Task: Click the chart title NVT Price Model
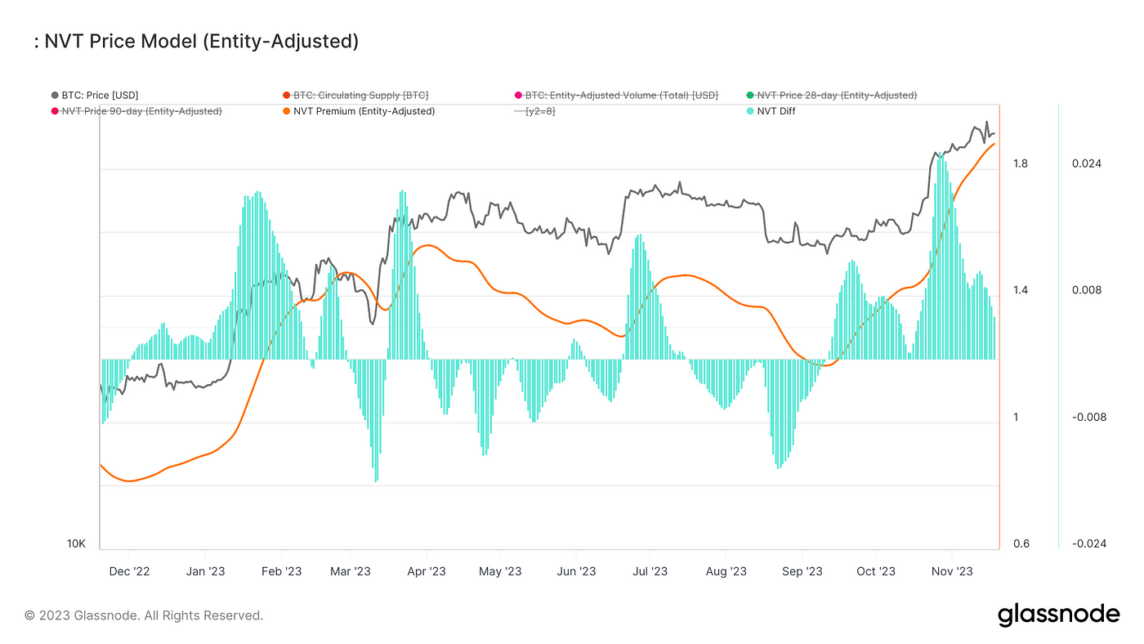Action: coord(199,42)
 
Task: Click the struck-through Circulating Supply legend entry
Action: coord(360,96)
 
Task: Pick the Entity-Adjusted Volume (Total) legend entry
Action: coord(621,96)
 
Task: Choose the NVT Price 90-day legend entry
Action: coord(141,111)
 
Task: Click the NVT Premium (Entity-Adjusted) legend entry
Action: coord(364,111)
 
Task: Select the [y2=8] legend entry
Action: coord(540,111)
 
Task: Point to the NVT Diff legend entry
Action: coord(775,111)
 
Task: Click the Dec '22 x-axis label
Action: coord(129,571)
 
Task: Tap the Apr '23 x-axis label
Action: coord(426,571)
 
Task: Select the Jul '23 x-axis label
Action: coord(650,571)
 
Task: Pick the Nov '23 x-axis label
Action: coord(952,571)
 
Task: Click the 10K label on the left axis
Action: coord(76,544)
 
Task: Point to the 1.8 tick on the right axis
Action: coord(1020,164)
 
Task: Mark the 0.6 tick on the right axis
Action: coord(1020,544)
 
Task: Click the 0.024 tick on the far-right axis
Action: coord(1086,164)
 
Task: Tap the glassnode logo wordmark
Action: coord(1058,615)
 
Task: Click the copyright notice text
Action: coord(144,615)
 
